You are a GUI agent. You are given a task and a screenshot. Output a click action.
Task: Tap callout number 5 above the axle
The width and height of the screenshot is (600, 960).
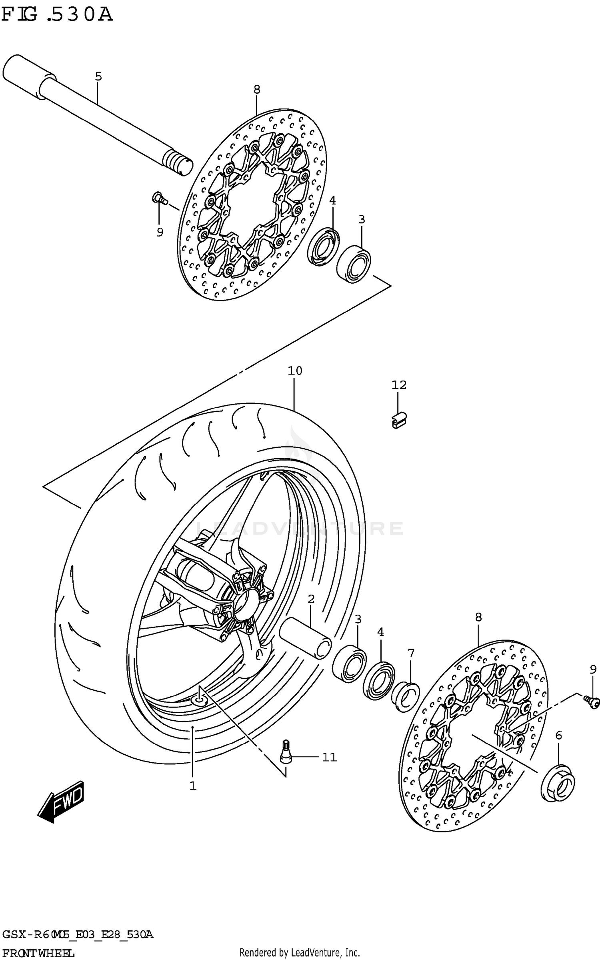(x=98, y=76)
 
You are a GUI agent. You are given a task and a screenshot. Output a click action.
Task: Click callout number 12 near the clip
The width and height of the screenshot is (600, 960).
(x=399, y=385)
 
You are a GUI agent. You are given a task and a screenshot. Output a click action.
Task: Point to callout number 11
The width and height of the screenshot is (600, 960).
(x=330, y=757)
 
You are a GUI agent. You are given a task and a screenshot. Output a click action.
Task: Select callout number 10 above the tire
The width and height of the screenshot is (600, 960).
(x=295, y=371)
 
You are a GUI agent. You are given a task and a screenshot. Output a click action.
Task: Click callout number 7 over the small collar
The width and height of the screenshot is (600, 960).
(x=411, y=653)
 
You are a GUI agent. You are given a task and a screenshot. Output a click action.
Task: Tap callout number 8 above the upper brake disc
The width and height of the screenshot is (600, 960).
(x=257, y=90)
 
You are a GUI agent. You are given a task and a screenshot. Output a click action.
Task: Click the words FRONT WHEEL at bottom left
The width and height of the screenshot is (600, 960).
(x=38, y=953)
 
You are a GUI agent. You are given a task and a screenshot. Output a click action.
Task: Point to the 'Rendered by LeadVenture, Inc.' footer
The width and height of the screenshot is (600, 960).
(x=300, y=953)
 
